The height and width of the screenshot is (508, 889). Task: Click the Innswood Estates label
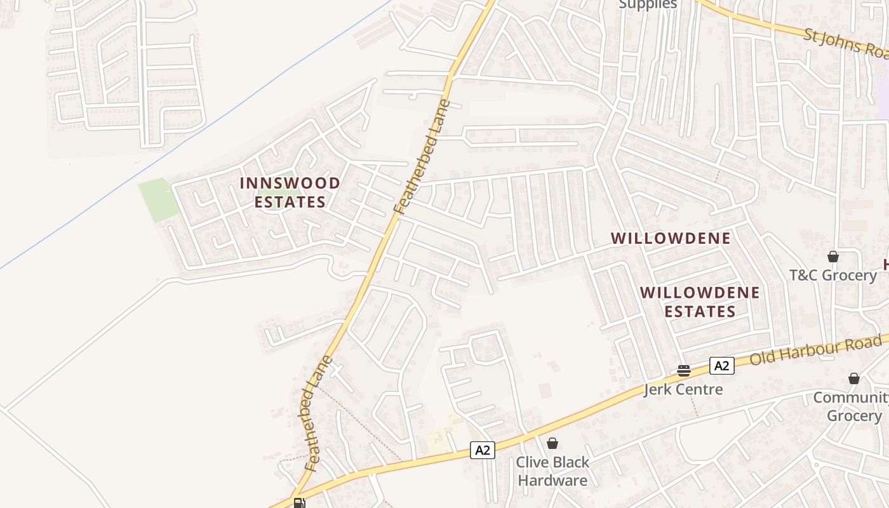pyautogui.click(x=290, y=192)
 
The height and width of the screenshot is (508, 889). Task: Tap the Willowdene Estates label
pyautogui.click(x=700, y=302)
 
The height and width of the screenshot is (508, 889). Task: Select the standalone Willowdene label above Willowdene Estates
pyautogui.click(x=671, y=238)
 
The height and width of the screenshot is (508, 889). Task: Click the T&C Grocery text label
pyautogui.click(x=832, y=275)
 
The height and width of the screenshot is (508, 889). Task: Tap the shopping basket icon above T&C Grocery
pyautogui.click(x=832, y=257)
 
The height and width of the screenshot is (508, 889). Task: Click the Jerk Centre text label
pyautogui.click(x=683, y=389)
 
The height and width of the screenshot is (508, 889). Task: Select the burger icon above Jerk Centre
pyautogui.click(x=683, y=370)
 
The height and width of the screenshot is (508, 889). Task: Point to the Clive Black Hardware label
pyautogui.click(x=552, y=471)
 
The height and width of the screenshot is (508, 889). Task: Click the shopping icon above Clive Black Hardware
pyautogui.click(x=552, y=443)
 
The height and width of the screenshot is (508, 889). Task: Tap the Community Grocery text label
pyautogui.click(x=853, y=406)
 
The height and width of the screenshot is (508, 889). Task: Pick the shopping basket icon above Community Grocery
pyautogui.click(x=854, y=378)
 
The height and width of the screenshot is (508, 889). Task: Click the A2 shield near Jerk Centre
pyautogui.click(x=721, y=366)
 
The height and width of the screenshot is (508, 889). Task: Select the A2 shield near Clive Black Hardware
pyautogui.click(x=483, y=450)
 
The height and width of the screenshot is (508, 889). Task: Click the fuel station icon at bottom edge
pyautogui.click(x=299, y=503)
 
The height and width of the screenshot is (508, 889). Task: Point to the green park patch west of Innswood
pyautogui.click(x=159, y=199)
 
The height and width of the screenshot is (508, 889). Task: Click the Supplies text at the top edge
pyautogui.click(x=648, y=4)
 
